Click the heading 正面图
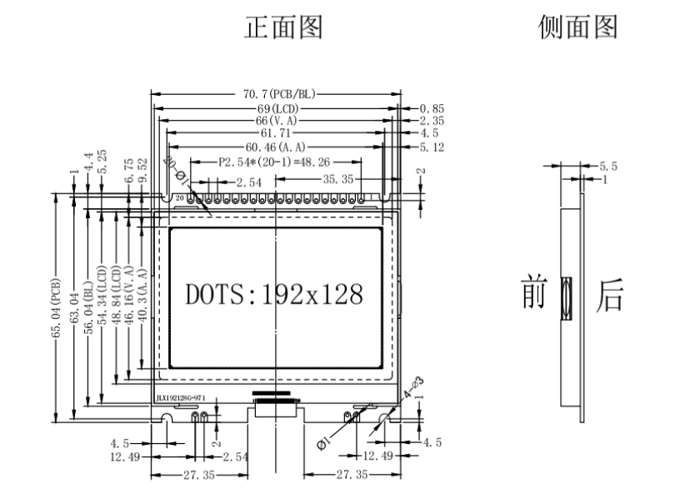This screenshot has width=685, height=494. pos(282,28)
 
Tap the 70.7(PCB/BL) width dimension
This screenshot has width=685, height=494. pos(275,95)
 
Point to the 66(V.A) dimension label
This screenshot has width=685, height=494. pos(277,121)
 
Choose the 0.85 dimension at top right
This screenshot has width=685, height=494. pos(432,108)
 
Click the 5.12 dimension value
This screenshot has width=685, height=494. pos(432,147)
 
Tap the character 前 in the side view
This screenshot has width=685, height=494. pos(533,295)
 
